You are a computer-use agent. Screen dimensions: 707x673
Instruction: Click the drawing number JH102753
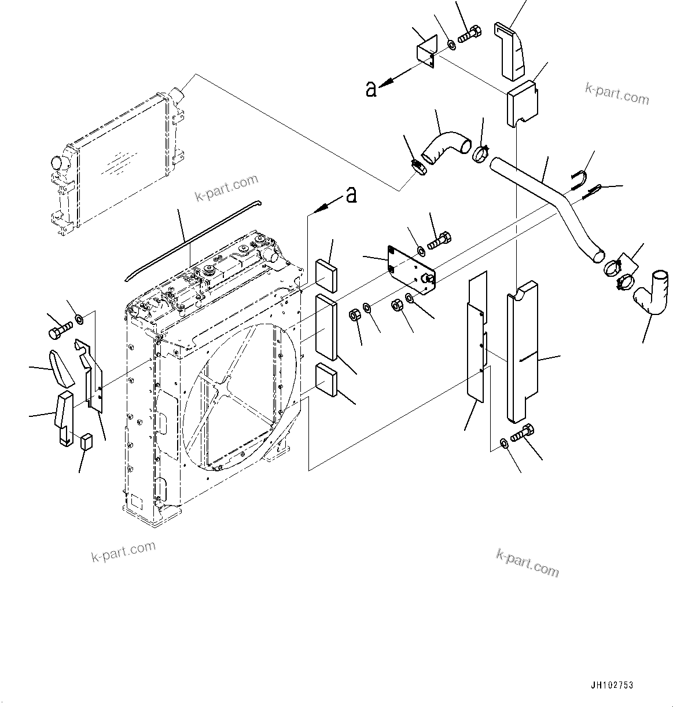point(612,685)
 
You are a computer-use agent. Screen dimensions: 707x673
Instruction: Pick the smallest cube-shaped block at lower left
point(87,441)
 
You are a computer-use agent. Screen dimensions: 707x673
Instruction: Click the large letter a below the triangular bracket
point(372,89)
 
